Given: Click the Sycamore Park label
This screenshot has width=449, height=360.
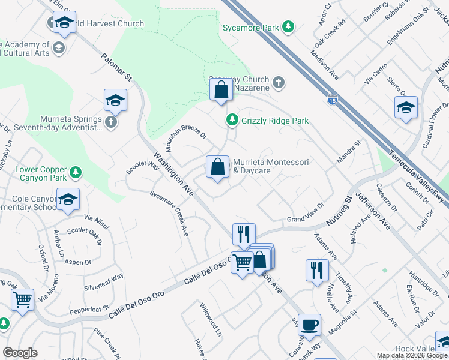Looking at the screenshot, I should [x=250, y=28].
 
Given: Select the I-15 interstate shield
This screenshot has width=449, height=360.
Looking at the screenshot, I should [x=332, y=98].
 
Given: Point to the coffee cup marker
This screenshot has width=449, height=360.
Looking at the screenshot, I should [x=309, y=325].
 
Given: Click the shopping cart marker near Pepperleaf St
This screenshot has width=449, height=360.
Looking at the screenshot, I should [x=23, y=299].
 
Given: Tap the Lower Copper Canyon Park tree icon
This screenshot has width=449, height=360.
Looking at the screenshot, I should [x=75, y=173].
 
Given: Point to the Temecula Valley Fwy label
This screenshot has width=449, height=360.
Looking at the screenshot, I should [x=418, y=178].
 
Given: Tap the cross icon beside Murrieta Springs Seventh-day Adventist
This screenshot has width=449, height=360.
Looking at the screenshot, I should [x=110, y=122].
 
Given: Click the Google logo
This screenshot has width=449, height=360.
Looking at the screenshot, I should [x=20, y=353].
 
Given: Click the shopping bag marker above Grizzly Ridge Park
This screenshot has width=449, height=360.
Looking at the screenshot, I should [x=221, y=90].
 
